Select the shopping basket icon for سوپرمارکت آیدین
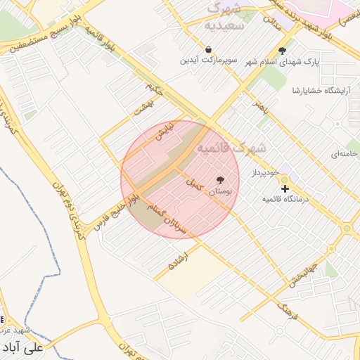(209, 49)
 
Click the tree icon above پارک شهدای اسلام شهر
(283, 51)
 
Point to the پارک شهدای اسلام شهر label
(282, 62)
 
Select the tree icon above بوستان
(221, 180)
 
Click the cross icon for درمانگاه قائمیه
(285, 188)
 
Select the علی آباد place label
(25, 347)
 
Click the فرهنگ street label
(288, 310)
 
